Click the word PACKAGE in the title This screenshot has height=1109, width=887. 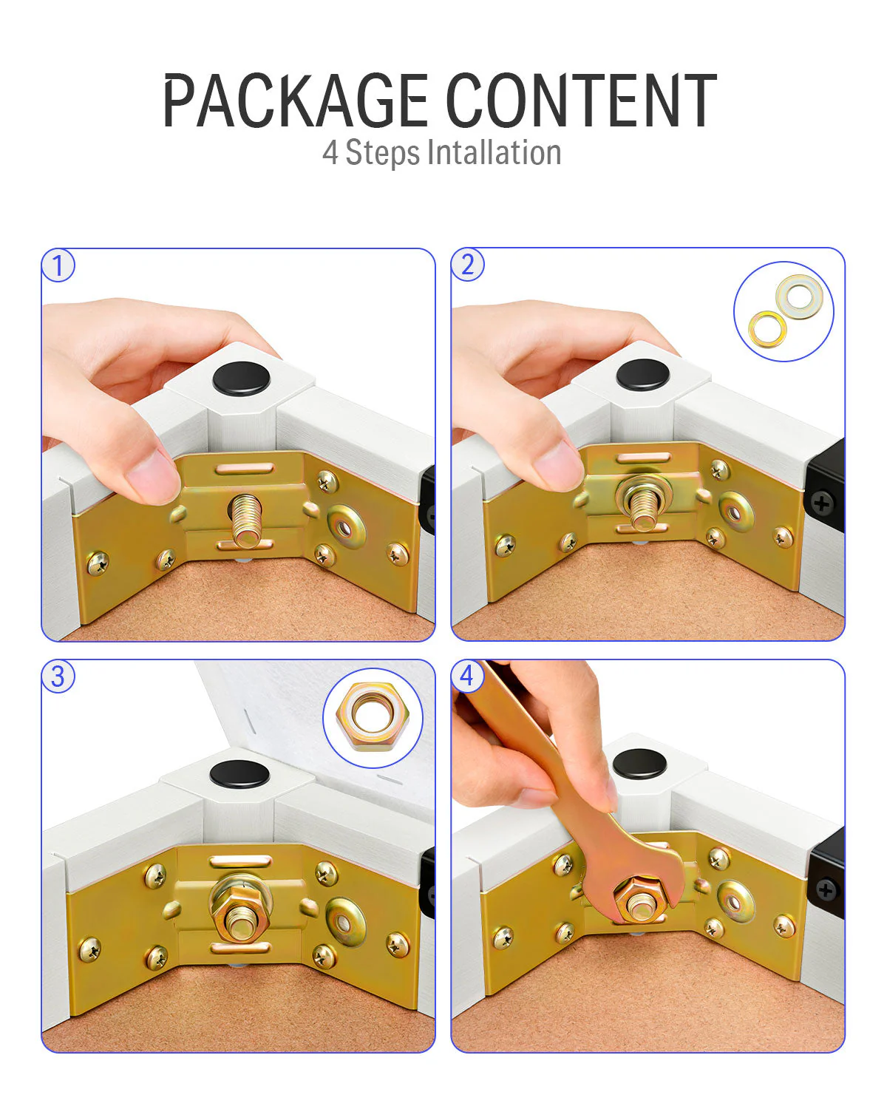click(x=296, y=100)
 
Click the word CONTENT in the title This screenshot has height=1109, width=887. click(x=582, y=100)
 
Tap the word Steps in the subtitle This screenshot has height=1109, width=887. click(x=382, y=153)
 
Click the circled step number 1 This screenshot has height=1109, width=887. click(x=58, y=265)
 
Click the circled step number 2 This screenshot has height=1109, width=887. click(x=467, y=265)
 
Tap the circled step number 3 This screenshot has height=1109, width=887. click(x=58, y=676)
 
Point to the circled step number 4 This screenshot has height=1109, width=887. click(x=467, y=676)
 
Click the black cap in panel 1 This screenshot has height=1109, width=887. click(x=241, y=379)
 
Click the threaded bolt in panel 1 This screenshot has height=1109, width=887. click(x=246, y=520)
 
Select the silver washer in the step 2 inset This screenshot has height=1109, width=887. click(x=799, y=296)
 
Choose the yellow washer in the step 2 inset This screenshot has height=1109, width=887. click(x=767, y=329)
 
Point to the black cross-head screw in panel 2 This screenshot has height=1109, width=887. click(x=823, y=503)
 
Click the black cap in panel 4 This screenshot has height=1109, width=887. click(x=639, y=764)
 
